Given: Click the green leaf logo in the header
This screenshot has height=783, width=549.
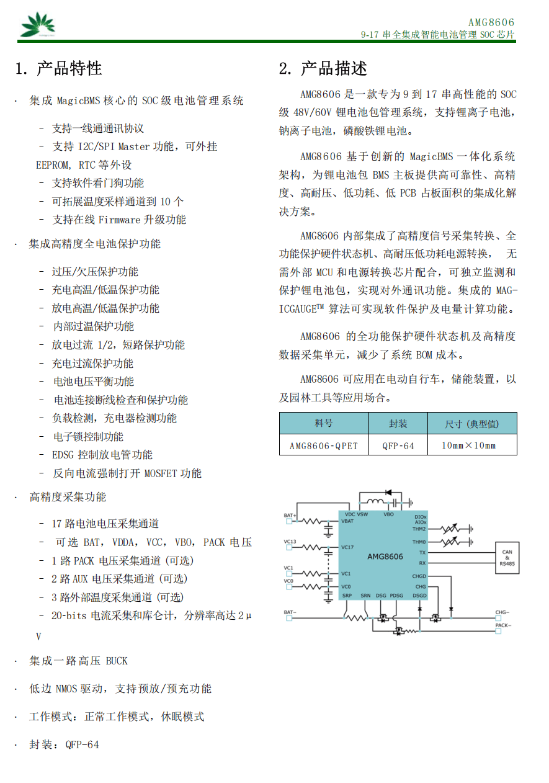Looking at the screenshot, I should [37, 25].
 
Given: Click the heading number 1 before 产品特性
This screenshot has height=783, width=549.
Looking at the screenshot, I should [20, 68].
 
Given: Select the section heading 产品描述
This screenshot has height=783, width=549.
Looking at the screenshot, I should [334, 68].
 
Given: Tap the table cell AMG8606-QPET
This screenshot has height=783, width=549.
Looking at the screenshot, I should [324, 445].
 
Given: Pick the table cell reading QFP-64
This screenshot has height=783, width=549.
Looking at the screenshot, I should [398, 445].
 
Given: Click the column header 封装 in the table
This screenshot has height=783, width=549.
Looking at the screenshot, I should [398, 424].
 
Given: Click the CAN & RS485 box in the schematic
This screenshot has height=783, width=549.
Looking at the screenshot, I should [507, 558].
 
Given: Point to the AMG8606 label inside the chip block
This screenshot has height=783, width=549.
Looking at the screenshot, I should [385, 557].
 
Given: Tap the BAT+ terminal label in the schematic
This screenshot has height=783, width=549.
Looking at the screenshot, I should [290, 516].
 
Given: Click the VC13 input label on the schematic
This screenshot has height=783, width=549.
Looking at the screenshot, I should [290, 542].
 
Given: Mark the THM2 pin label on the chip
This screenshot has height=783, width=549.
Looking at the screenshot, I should [419, 529].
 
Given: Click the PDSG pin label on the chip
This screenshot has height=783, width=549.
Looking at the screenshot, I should [396, 596].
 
